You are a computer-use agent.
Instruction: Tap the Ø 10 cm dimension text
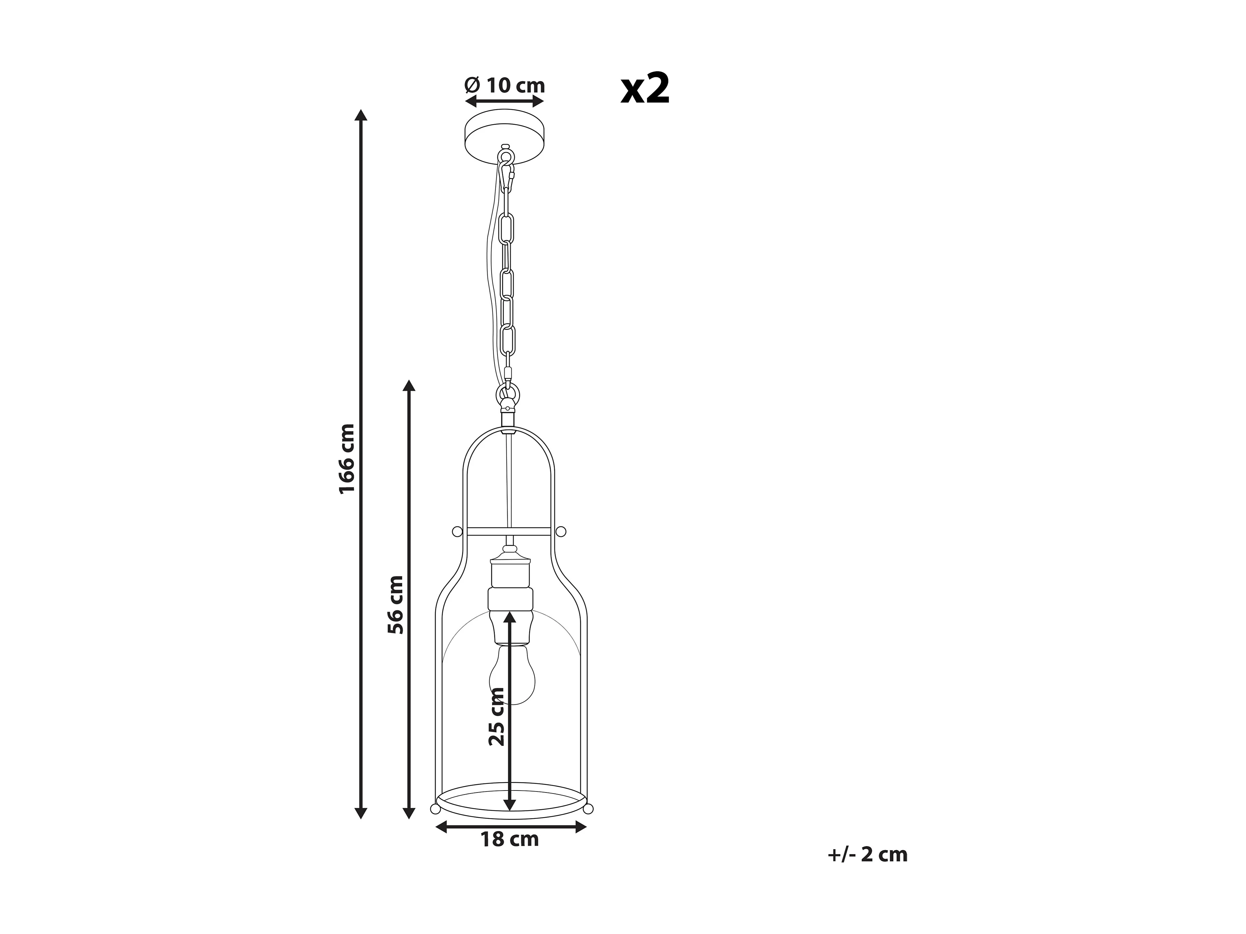[505, 86]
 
